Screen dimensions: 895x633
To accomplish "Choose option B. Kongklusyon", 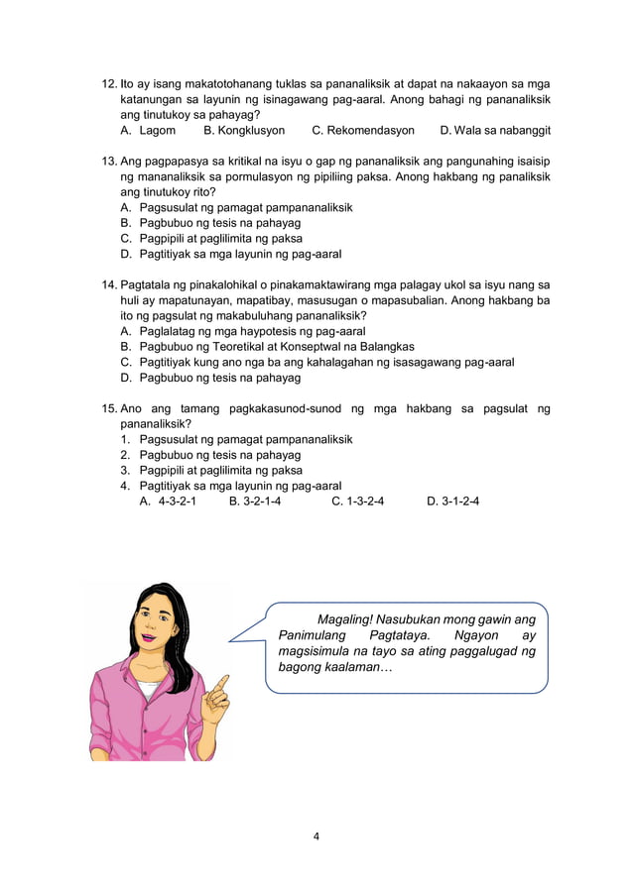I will (x=244, y=130).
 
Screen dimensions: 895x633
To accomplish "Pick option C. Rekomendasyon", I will (x=363, y=130).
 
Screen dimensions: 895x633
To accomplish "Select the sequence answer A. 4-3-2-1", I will (x=168, y=502).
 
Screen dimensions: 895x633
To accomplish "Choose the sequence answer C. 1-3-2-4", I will (x=358, y=502).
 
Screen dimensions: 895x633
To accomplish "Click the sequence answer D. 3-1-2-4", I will (x=453, y=502).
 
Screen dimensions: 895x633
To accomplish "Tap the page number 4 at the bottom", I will (x=316, y=837).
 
